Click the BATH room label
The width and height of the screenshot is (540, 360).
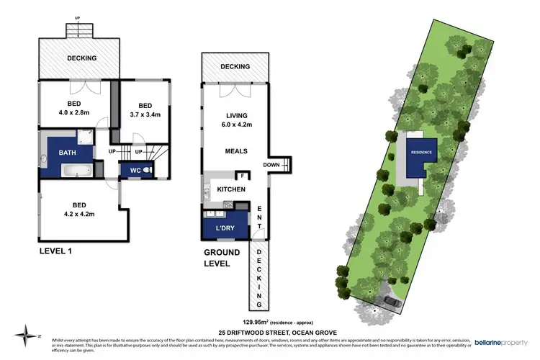[68, 153]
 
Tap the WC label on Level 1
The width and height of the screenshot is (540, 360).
[134, 170]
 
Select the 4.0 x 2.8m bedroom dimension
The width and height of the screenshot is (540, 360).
[74, 112]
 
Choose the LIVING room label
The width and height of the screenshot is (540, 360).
[236, 115]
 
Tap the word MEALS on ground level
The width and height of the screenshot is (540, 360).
[236, 151]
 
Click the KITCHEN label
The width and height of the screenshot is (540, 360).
[231, 189]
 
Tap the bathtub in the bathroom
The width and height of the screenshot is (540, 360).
[76, 171]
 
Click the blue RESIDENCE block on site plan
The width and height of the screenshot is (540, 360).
[420, 153]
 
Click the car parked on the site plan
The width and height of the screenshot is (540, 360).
[393, 302]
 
